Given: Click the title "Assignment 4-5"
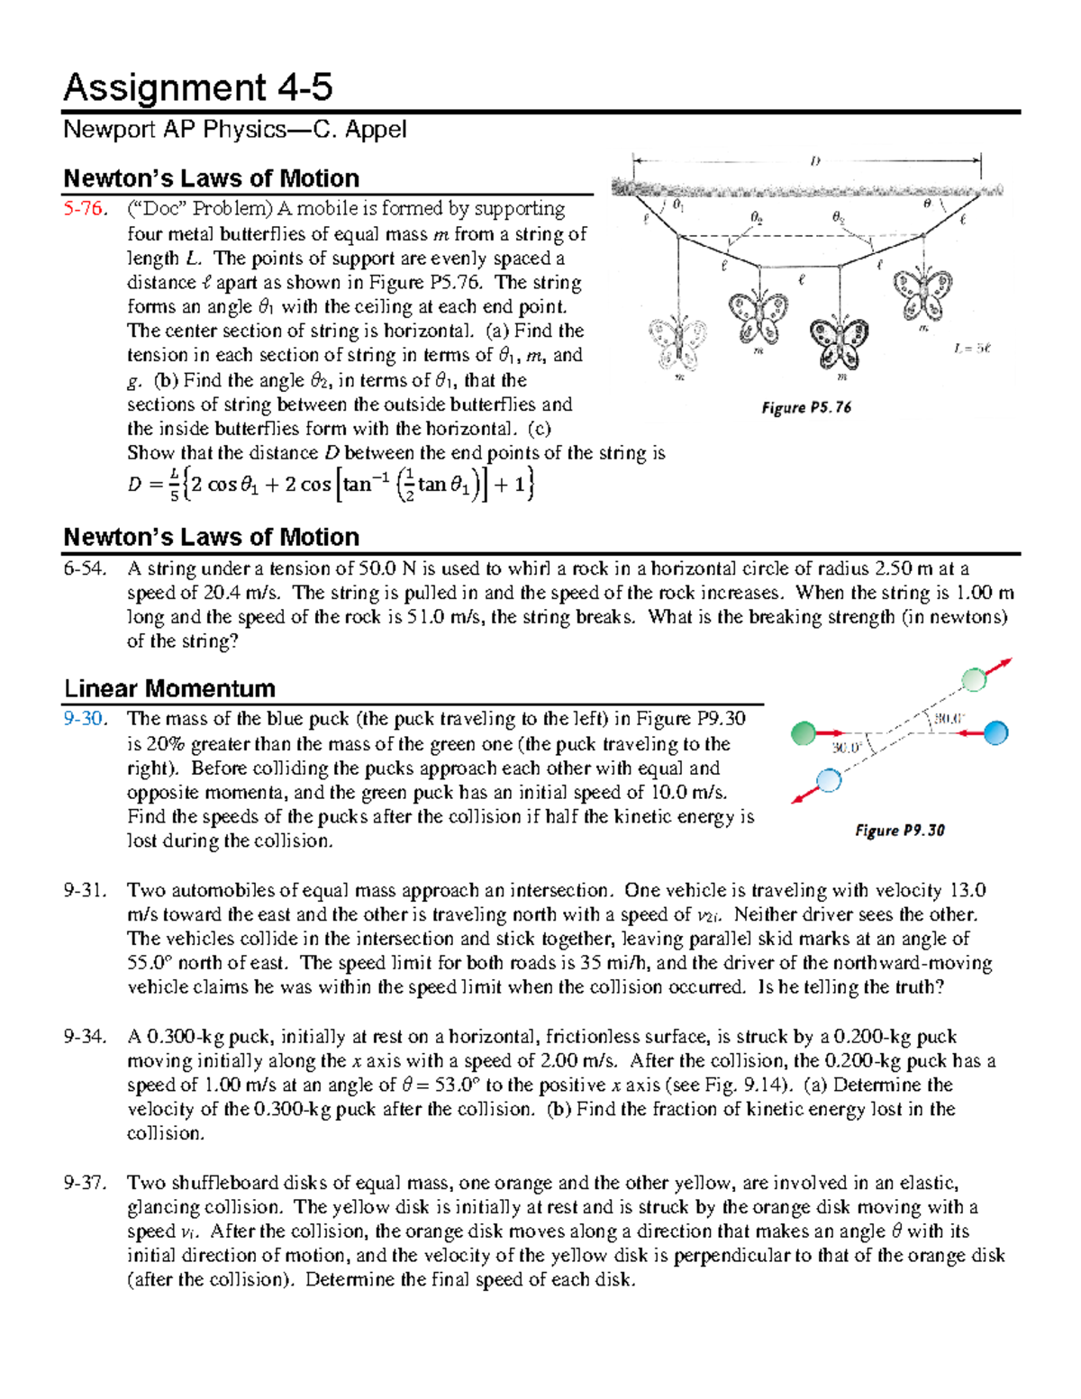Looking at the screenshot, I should [x=197, y=88].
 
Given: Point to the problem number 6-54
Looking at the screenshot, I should [x=84, y=568].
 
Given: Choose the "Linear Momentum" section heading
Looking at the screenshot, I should [x=169, y=689].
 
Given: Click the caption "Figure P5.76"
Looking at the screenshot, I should [x=805, y=408].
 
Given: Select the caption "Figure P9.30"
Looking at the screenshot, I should [x=899, y=831].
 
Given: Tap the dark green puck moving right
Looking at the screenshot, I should [x=803, y=734].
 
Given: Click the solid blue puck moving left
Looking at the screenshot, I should [x=995, y=733].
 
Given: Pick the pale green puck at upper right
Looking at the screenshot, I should [x=974, y=679].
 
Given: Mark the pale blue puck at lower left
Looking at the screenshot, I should [x=828, y=779].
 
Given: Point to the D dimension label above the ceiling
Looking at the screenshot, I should [x=814, y=161].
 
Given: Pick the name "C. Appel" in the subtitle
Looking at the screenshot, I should [x=359, y=130].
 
